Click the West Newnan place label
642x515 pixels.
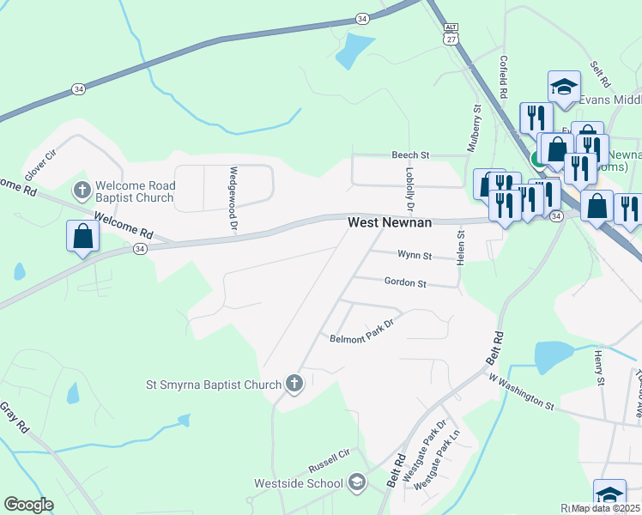pyautogui.click(x=388, y=222)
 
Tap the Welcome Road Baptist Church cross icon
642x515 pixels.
pyautogui.click(x=82, y=189)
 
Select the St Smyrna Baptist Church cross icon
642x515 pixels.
pyautogui.click(x=294, y=383)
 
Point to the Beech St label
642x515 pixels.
pyautogui.click(x=410, y=154)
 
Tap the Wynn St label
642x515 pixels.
pyautogui.click(x=414, y=255)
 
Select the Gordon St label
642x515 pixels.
pyautogui.click(x=405, y=282)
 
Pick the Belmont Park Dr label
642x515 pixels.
pyautogui.click(x=360, y=332)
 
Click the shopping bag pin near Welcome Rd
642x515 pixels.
pyautogui.click(x=82, y=236)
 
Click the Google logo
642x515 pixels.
pyautogui.click(x=28, y=505)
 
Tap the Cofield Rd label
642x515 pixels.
pyautogui.click(x=504, y=77)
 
